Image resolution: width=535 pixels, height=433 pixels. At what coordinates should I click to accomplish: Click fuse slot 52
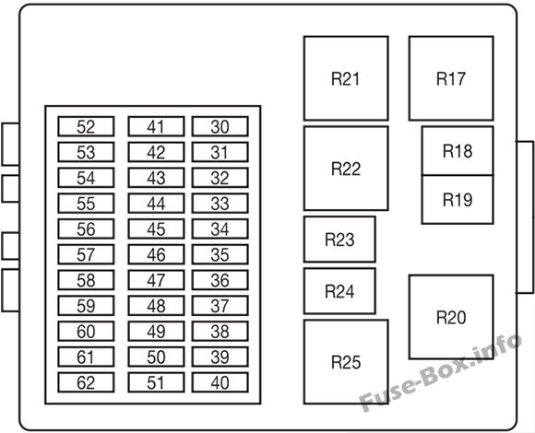(86, 126)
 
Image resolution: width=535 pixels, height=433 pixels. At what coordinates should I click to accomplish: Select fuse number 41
(156, 126)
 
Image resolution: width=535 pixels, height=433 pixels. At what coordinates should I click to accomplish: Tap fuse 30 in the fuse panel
(220, 126)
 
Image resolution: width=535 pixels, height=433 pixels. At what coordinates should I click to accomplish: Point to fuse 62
(86, 382)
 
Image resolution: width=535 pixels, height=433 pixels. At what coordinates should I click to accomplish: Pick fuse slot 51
(156, 382)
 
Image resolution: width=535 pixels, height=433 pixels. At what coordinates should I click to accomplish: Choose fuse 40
(220, 382)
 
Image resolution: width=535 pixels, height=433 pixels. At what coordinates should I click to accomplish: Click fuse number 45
(156, 228)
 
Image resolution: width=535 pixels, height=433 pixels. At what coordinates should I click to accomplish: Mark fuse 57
(86, 254)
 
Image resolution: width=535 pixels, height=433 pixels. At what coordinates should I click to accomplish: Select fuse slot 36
(220, 280)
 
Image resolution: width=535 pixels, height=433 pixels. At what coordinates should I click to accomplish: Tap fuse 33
(220, 203)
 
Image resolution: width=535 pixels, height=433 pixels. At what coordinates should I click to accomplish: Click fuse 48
(156, 306)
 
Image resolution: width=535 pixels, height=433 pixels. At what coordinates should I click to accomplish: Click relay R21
(346, 78)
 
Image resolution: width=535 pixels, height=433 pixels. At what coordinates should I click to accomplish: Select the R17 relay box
(451, 78)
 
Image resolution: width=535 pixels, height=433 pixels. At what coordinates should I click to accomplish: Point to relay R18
(458, 151)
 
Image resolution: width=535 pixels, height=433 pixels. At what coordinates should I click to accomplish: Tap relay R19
(458, 200)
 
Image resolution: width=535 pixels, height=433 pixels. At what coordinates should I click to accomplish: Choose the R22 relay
(346, 169)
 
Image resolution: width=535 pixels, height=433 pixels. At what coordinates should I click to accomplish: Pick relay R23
(339, 240)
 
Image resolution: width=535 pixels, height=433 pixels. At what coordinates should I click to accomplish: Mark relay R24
(339, 291)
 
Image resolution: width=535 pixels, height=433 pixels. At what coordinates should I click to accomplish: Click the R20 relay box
(451, 317)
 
